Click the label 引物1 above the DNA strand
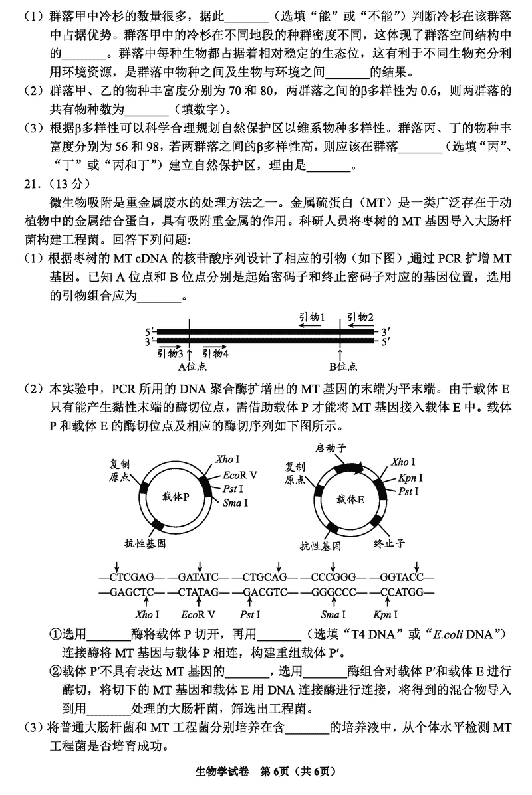pos(311,318)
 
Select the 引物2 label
pos(360,318)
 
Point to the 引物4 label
pos(216,353)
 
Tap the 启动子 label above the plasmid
pos(332,449)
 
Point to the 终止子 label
pos(389,543)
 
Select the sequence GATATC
pos(194,576)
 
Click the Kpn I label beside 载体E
pos(411,478)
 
